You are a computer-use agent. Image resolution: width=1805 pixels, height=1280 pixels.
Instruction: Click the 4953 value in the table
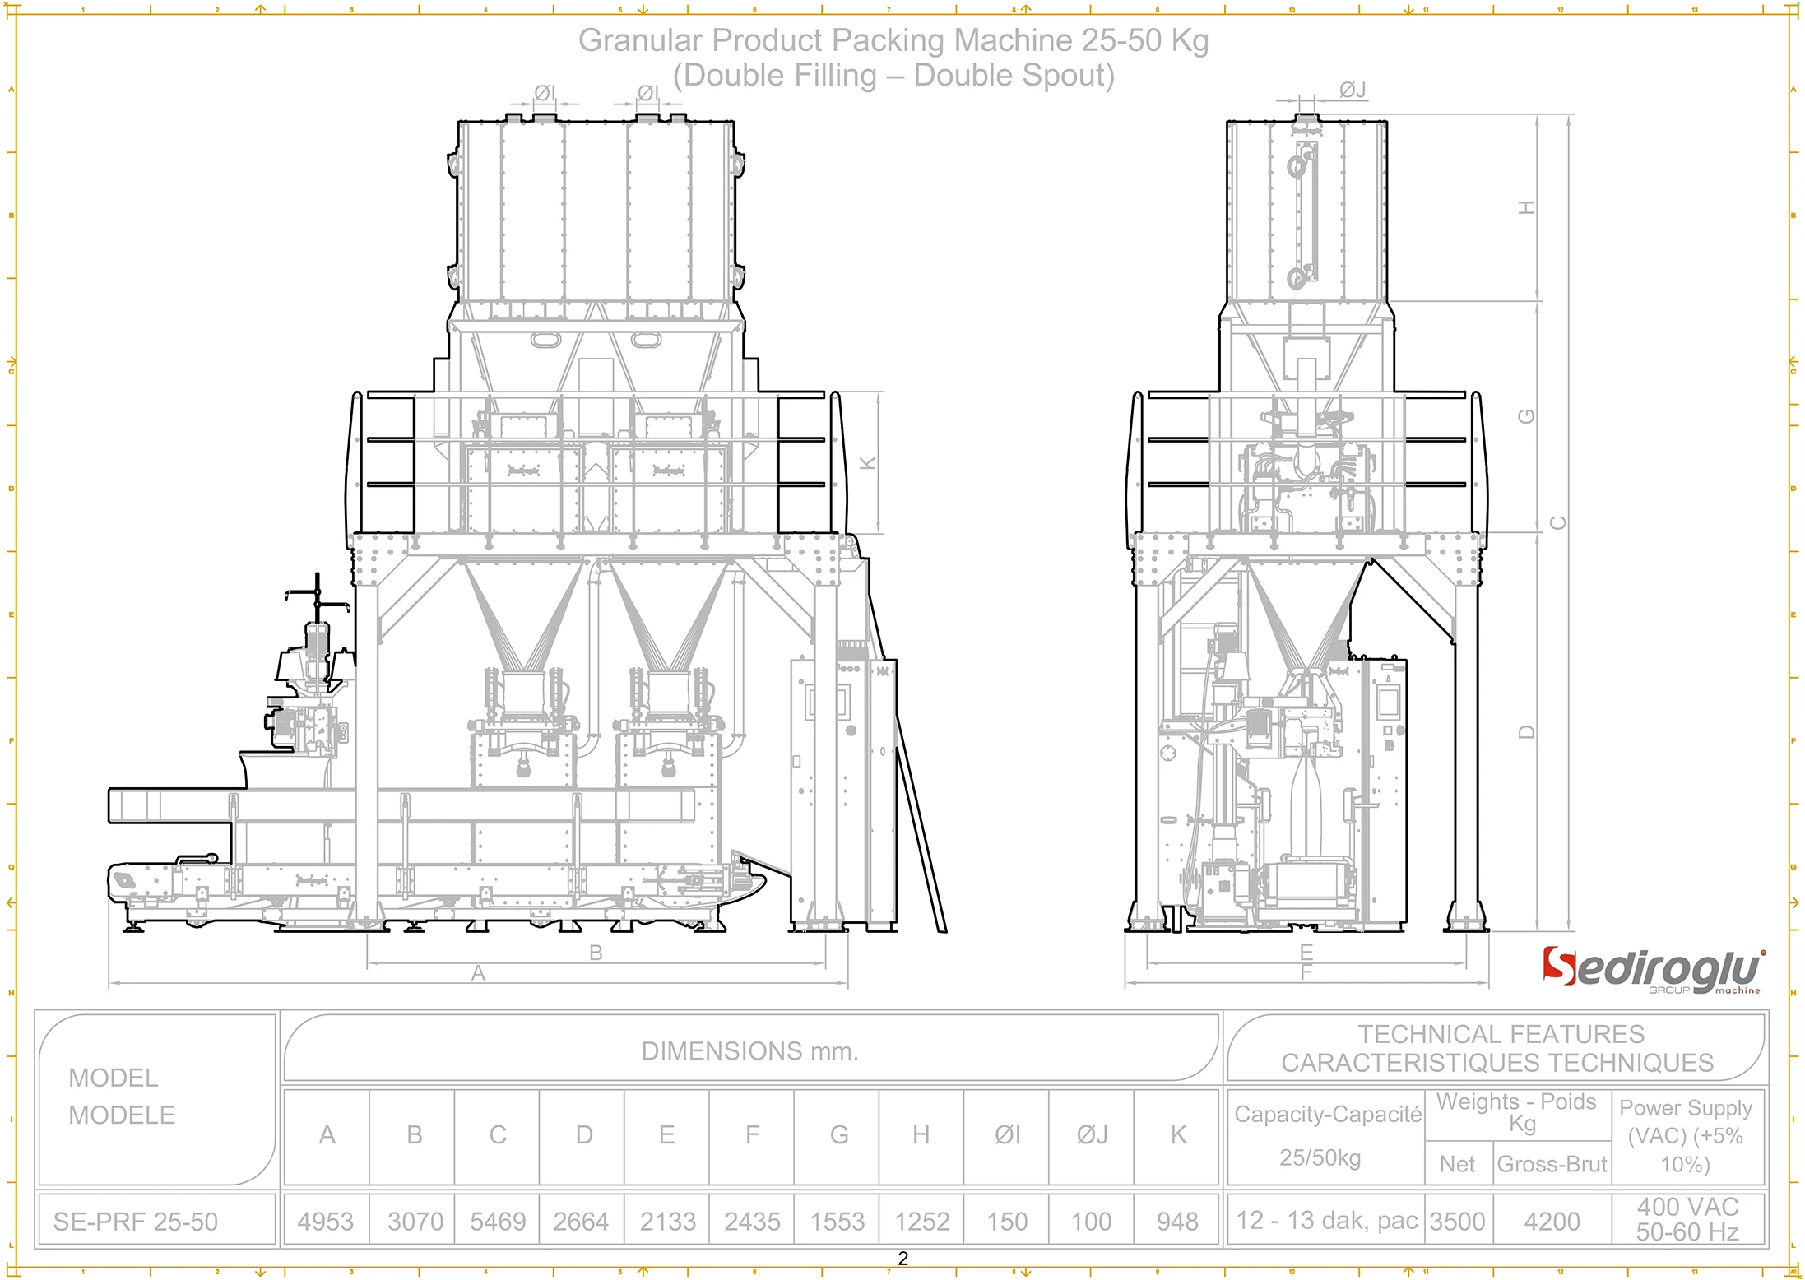[x=326, y=1222]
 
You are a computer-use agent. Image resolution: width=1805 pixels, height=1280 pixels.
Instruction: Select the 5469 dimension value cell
[x=498, y=1222]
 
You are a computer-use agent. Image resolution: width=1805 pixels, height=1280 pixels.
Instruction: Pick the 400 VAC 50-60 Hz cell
[x=1687, y=1219]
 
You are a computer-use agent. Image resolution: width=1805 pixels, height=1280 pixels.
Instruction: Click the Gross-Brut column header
[x=1552, y=1164]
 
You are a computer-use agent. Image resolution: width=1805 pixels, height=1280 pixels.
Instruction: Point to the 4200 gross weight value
[x=1552, y=1222]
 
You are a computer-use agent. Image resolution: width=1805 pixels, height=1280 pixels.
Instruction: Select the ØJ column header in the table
[x=1092, y=1135]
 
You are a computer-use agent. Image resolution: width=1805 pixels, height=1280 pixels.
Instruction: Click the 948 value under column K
[x=1177, y=1222]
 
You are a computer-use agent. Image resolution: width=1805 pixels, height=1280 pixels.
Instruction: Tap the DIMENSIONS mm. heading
[x=749, y=1051]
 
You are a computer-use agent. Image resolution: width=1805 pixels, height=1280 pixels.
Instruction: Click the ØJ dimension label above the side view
[x=1353, y=90]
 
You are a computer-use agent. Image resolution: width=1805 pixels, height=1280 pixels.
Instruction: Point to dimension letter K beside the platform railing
[x=868, y=463]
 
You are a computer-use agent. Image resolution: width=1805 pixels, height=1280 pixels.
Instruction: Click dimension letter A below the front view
[x=478, y=973]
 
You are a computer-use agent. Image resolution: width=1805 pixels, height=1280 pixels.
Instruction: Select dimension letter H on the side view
[x=1527, y=207]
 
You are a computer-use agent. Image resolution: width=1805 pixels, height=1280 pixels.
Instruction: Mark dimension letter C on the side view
[x=1558, y=523]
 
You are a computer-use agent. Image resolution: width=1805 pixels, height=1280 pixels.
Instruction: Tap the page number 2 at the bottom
[x=902, y=1259]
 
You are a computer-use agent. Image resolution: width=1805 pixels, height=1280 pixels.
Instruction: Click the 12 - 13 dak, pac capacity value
[x=1327, y=1221]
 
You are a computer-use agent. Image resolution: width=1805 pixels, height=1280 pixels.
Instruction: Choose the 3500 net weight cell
[x=1458, y=1222]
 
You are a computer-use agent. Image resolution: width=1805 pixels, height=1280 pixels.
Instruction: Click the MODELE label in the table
[x=122, y=1115]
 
